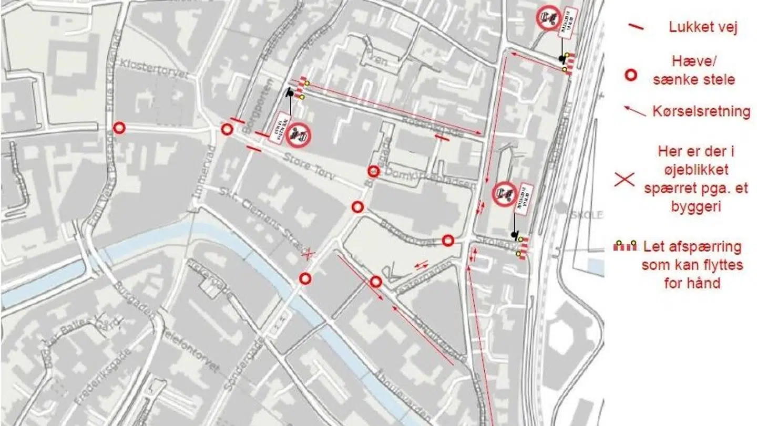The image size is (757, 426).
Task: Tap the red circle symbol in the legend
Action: (x=631, y=75)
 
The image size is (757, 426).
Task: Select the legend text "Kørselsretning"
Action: (x=701, y=111)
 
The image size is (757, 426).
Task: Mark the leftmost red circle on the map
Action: (x=120, y=128)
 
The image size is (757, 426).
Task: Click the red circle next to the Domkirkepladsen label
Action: (x=373, y=171)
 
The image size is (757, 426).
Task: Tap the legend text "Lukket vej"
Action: (x=703, y=27)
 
